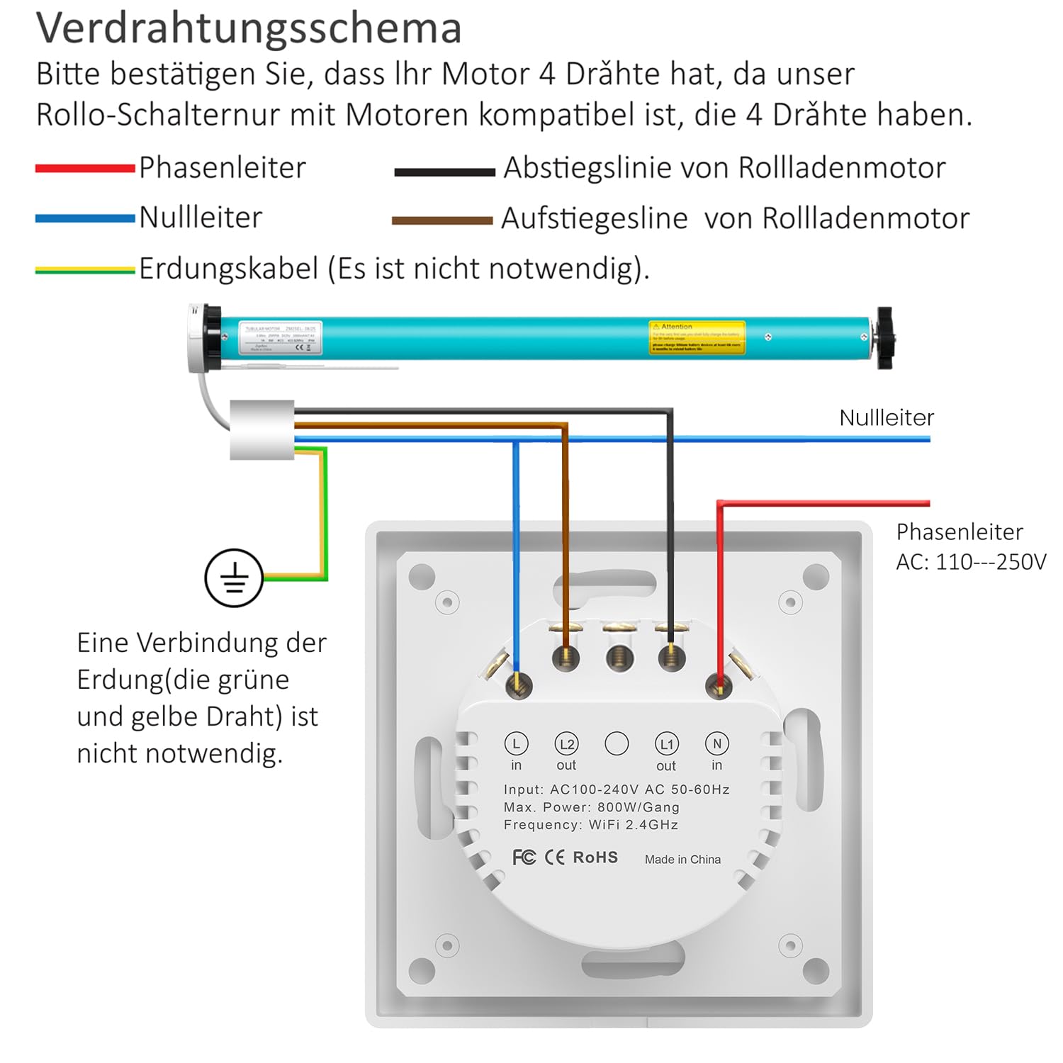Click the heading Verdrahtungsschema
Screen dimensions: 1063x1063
tap(249, 28)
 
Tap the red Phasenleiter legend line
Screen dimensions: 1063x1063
tap(85, 169)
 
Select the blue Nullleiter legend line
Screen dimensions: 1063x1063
tap(85, 219)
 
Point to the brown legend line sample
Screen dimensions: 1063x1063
tap(442, 221)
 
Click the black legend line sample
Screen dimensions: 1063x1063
tap(444, 171)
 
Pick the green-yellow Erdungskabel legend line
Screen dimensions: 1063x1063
tap(85, 270)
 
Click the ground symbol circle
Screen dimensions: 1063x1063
tap(234, 578)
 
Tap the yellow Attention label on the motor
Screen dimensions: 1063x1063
tap(697, 337)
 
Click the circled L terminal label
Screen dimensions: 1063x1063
tap(516, 743)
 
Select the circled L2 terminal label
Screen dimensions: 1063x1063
tap(566, 743)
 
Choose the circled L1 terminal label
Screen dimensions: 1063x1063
tap(666, 743)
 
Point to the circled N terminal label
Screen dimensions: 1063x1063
tap(716, 743)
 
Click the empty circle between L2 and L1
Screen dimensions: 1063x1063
tap(617, 743)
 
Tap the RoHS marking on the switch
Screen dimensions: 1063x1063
tap(595, 857)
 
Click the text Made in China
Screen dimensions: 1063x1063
tap(682, 860)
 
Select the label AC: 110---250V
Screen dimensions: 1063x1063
tap(971, 562)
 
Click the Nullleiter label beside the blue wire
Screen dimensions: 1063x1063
tap(887, 417)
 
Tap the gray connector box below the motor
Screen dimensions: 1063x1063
tap(261, 429)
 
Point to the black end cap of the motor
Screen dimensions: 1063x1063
tap(884, 337)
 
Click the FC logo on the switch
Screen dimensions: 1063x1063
tap(524, 857)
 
